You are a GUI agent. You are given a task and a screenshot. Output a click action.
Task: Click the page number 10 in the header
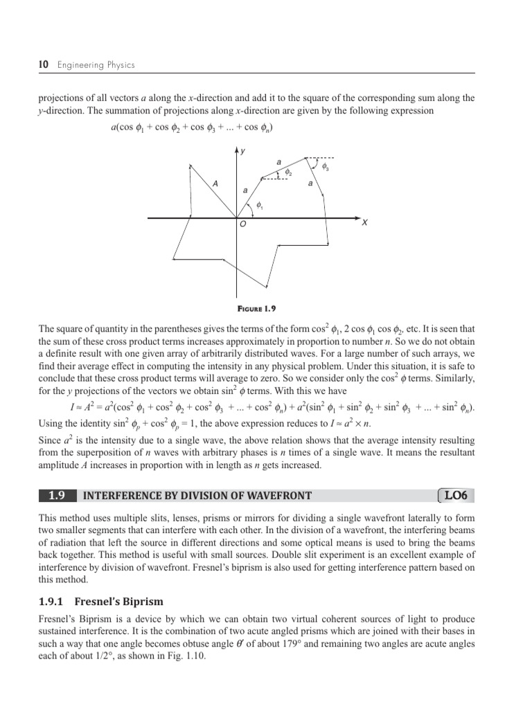click(43, 65)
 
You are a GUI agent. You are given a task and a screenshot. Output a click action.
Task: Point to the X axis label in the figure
click(364, 223)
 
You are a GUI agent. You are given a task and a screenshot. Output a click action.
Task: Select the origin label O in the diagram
click(242, 225)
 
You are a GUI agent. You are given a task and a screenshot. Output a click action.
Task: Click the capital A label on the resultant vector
click(215, 183)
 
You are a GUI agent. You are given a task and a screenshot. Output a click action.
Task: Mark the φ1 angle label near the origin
click(259, 205)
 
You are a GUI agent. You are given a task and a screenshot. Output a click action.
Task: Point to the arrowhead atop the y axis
click(237, 150)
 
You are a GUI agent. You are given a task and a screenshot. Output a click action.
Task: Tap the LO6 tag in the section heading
click(456, 495)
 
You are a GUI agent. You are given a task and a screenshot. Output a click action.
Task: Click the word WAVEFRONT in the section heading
click(278, 495)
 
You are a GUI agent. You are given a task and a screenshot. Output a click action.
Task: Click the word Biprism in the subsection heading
click(141, 601)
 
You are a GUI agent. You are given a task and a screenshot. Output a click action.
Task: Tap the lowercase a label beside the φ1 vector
click(245, 189)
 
